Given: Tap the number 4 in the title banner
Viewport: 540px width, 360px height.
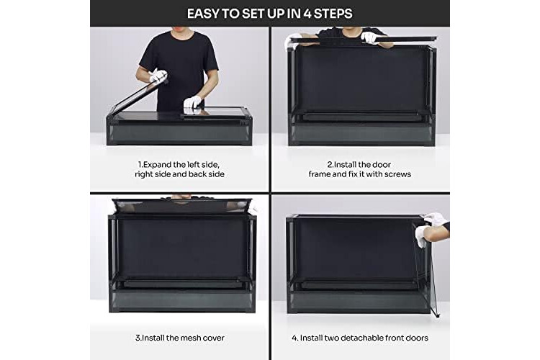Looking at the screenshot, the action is pyautogui.click(x=307, y=14).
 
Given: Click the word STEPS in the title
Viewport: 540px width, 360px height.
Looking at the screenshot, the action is pyautogui.click(x=333, y=14).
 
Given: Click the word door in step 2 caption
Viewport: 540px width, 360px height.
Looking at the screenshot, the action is pyautogui.click(x=382, y=165).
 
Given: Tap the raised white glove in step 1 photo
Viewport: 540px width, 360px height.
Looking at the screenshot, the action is pyautogui.click(x=158, y=76).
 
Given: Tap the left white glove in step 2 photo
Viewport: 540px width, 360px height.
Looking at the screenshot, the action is pyautogui.click(x=292, y=40).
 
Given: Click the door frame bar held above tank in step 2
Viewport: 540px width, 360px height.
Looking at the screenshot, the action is pyautogui.click(x=364, y=40).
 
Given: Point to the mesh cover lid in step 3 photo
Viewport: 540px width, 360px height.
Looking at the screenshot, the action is pyautogui.click(x=182, y=206).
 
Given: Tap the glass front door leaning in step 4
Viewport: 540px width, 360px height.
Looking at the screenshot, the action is pyautogui.click(x=425, y=269).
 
